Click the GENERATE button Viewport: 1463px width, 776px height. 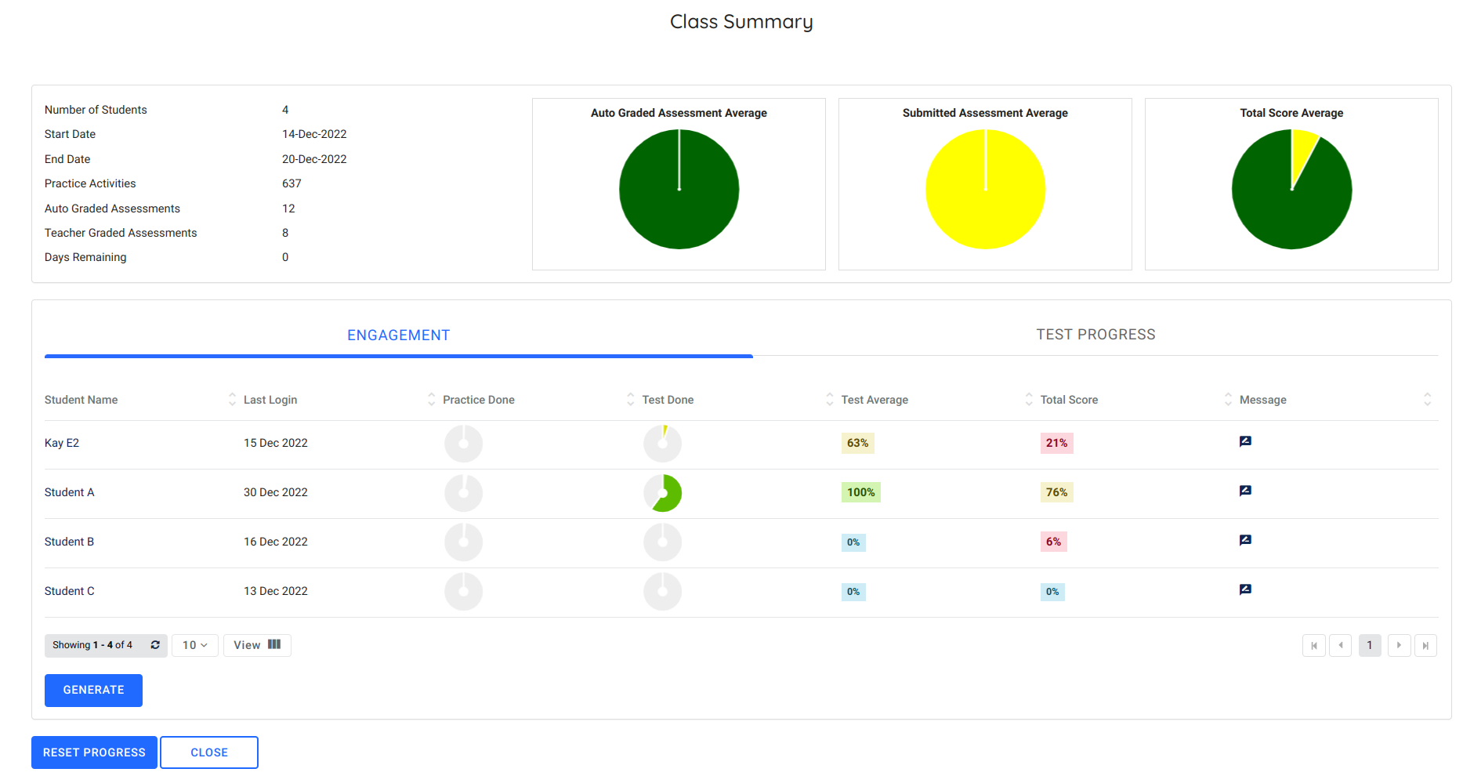pyautogui.click(x=93, y=690)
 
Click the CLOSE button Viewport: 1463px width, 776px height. pyautogui.click(x=209, y=752)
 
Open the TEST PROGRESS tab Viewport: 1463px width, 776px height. pyautogui.click(x=1095, y=335)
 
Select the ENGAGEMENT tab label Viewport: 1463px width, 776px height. pyautogui.click(x=398, y=335)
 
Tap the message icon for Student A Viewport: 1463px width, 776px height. pyautogui.click(x=1245, y=491)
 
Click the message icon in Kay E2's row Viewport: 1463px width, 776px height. pyautogui.click(x=1245, y=441)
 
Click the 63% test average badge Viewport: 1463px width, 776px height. pyautogui.click(x=857, y=443)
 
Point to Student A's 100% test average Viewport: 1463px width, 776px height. pyautogui.click(x=860, y=492)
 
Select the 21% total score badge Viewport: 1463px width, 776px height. pyautogui.click(x=1056, y=443)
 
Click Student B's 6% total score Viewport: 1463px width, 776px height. pyautogui.click(x=1053, y=542)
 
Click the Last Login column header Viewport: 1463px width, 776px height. pyautogui.click(x=270, y=400)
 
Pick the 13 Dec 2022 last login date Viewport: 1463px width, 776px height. pyautogui.click(x=276, y=591)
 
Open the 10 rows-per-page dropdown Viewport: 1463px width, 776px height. pyautogui.click(x=194, y=645)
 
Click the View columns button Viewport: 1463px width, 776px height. pyautogui.click(x=257, y=645)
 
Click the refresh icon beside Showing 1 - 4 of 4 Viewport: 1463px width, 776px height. pyautogui.click(x=155, y=645)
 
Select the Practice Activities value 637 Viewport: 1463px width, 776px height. pyautogui.click(x=292, y=183)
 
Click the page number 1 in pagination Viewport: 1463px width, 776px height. pyautogui.click(x=1369, y=645)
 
